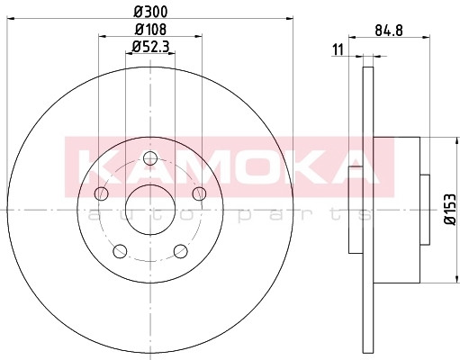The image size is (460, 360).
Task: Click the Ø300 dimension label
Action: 150,12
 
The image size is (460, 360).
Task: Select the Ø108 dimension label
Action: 150,30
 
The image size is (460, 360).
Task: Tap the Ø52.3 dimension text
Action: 151,47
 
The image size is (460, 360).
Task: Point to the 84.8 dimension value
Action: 389,31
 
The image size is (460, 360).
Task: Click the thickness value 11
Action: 338,49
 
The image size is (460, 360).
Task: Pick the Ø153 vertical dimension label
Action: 450,209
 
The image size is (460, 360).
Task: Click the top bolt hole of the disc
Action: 150,158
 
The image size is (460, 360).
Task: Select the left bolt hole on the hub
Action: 101,193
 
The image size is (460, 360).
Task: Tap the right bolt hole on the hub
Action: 199,193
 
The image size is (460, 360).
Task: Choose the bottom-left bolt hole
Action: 120,251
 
